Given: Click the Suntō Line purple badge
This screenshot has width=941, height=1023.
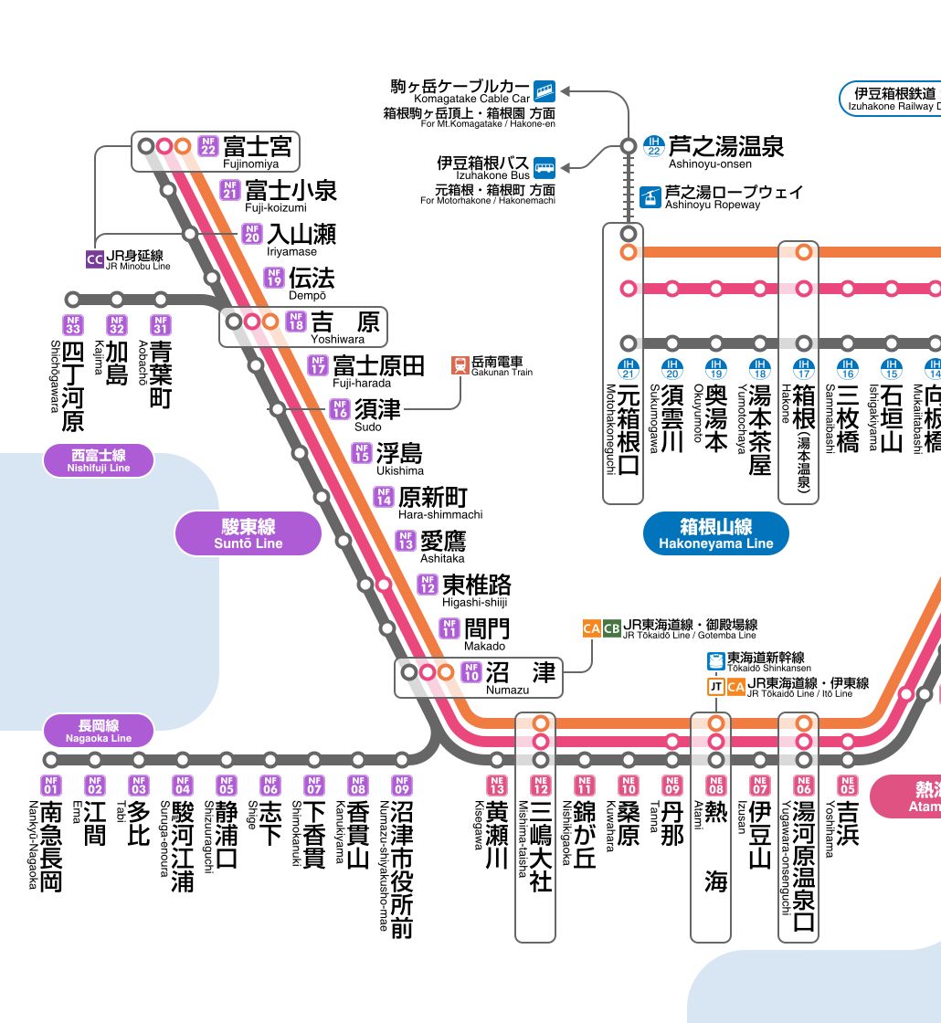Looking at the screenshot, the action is (x=248, y=533).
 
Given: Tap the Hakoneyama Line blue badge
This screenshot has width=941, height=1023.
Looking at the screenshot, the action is (x=716, y=533).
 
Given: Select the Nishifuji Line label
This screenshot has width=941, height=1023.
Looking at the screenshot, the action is (x=99, y=460).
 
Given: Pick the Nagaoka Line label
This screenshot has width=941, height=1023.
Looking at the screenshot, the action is (x=99, y=732).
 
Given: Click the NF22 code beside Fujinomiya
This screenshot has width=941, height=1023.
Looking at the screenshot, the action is (x=208, y=145).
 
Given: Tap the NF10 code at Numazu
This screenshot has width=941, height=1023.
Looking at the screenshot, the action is (x=471, y=672).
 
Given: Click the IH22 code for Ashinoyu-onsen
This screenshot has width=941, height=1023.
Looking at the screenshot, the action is (x=654, y=146).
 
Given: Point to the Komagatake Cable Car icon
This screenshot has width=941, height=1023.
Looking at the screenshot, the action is (x=545, y=90).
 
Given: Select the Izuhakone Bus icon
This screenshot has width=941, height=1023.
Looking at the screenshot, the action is (x=545, y=168).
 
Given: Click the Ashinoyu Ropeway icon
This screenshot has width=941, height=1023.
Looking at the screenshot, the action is (x=650, y=197).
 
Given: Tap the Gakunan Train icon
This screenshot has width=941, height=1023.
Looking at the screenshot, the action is (x=460, y=365).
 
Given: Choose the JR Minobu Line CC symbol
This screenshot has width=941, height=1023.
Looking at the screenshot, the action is (x=95, y=259).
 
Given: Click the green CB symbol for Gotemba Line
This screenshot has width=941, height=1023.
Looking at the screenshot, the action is (x=611, y=628).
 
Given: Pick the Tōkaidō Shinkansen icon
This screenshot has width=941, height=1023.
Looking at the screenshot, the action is (x=716, y=661).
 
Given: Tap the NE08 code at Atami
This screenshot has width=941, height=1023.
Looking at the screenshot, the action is (x=716, y=785).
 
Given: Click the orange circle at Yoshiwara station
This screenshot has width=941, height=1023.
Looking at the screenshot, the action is (x=270, y=321).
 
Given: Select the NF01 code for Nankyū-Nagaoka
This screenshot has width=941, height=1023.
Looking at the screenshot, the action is (x=51, y=785).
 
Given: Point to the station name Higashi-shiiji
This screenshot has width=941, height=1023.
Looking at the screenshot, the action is (x=474, y=602).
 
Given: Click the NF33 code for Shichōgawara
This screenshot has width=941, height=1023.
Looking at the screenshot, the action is (x=73, y=325).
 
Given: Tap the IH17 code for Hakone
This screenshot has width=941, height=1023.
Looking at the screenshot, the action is (x=803, y=369).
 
